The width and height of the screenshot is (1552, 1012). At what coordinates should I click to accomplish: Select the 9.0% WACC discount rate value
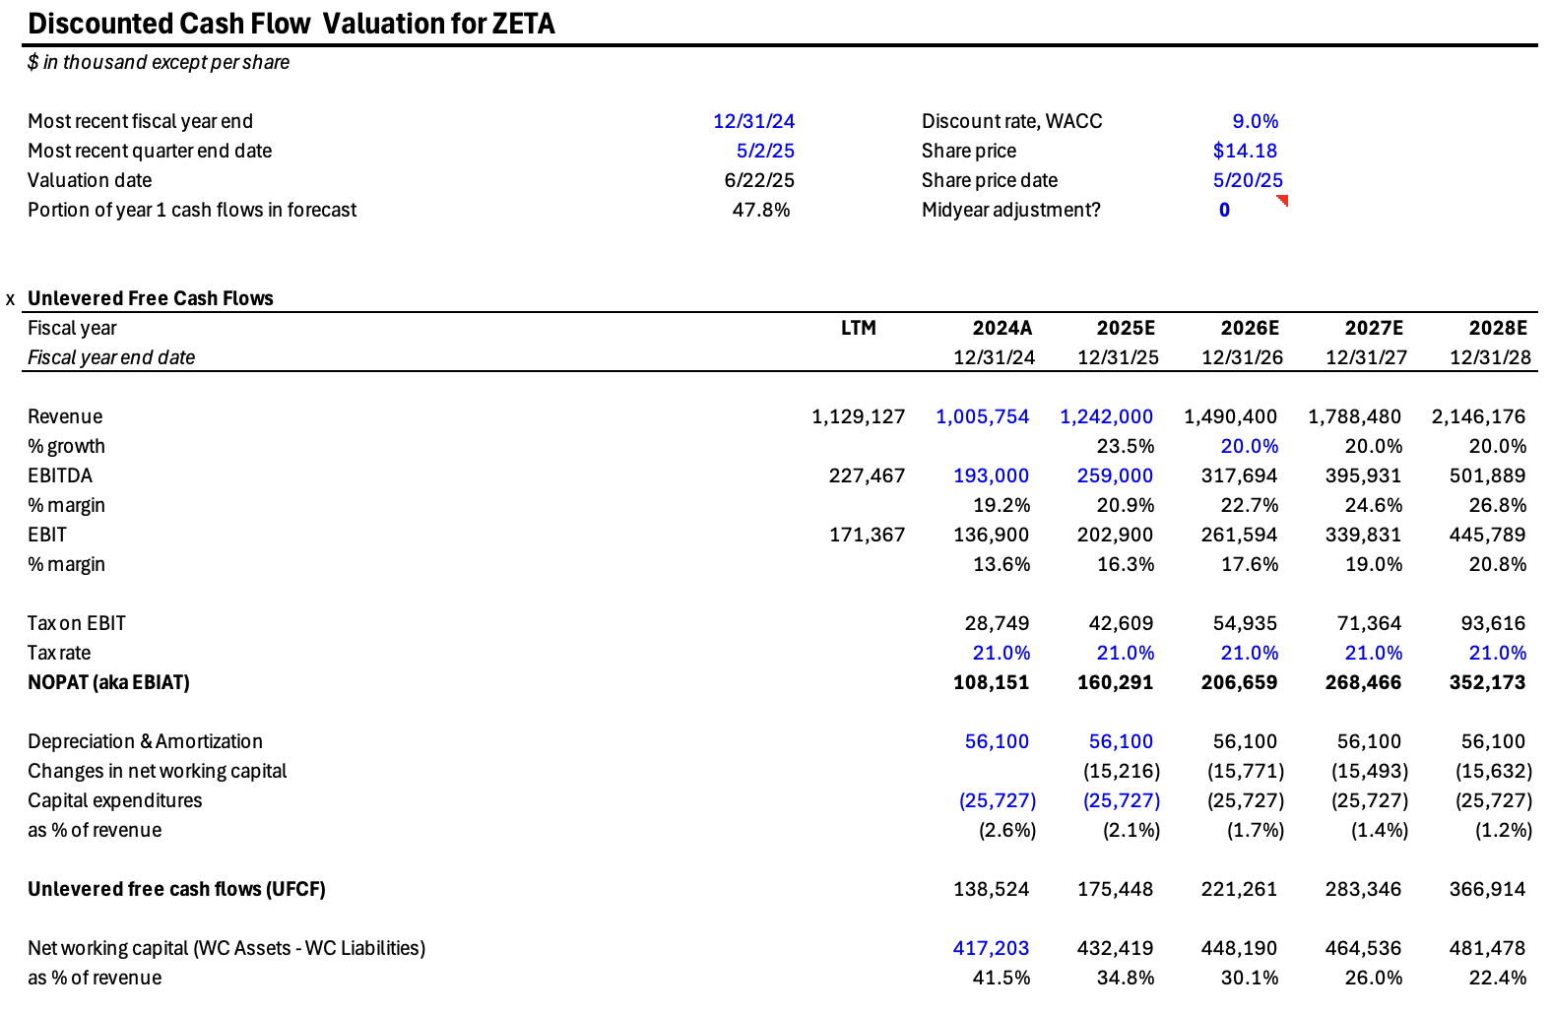[1255, 121]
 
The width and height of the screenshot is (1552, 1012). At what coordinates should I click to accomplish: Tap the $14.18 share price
[1245, 151]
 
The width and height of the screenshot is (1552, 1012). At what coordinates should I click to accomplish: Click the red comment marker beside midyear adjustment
[1282, 201]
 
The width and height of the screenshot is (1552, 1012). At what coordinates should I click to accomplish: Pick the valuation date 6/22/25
[758, 180]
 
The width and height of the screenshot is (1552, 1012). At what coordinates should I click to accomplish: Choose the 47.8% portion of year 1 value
[760, 210]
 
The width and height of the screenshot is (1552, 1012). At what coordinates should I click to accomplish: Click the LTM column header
[858, 328]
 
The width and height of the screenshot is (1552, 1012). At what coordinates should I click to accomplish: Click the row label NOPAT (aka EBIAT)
[108, 682]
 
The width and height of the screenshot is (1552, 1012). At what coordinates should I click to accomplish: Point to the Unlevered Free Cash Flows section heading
[150, 298]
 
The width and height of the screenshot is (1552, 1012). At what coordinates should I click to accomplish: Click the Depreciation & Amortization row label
[145, 741]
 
